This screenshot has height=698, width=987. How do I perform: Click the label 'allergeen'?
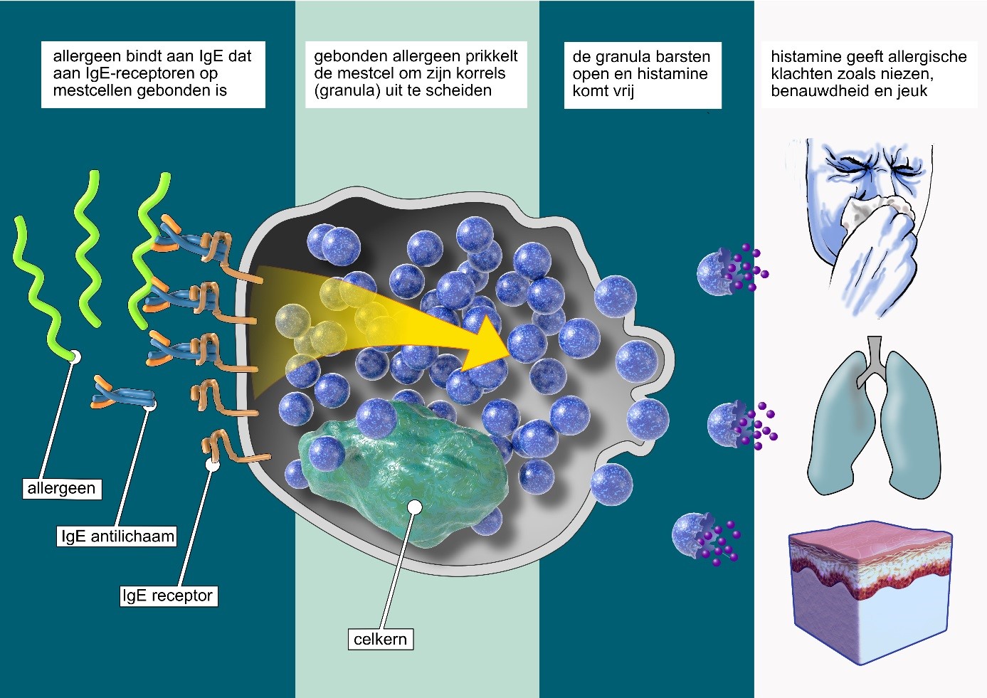[61, 489]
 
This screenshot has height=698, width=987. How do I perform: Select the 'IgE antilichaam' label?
[117, 536]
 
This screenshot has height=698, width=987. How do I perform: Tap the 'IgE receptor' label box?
[167, 596]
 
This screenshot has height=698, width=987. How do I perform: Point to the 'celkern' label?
[380, 639]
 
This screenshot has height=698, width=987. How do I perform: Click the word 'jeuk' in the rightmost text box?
[912, 91]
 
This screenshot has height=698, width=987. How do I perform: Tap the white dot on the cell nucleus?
[414, 507]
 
